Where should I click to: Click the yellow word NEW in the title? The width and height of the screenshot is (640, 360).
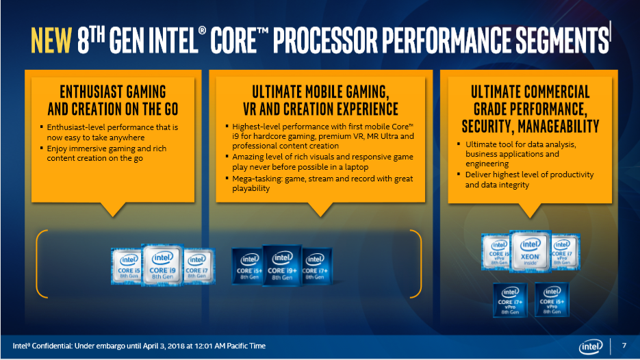(x=51, y=40)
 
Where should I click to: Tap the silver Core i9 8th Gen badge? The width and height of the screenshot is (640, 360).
(x=162, y=265)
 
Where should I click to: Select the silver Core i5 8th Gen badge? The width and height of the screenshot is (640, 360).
(x=127, y=266)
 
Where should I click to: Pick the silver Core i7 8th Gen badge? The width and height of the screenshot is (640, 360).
(x=199, y=266)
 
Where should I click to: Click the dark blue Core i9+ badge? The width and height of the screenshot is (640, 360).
(x=282, y=266)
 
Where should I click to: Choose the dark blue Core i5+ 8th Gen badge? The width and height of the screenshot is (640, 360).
(x=248, y=266)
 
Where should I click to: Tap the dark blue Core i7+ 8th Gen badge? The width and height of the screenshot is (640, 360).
(x=317, y=266)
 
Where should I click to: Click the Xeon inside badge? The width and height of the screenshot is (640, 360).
(x=530, y=251)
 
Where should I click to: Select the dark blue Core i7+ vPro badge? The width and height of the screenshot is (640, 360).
(x=510, y=300)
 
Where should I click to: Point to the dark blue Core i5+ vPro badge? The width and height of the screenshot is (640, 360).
(x=552, y=300)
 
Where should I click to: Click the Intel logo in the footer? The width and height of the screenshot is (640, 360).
(x=591, y=346)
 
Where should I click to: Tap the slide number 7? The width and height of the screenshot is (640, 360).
(x=624, y=346)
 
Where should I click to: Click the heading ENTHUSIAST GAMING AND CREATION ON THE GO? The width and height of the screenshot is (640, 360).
(x=113, y=101)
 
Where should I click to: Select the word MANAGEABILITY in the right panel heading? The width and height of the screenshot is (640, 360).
(x=559, y=126)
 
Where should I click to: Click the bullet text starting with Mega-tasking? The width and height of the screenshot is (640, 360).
(x=322, y=183)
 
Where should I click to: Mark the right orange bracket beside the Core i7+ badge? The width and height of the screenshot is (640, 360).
(x=417, y=263)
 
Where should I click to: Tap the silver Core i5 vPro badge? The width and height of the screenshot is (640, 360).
(x=497, y=252)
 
